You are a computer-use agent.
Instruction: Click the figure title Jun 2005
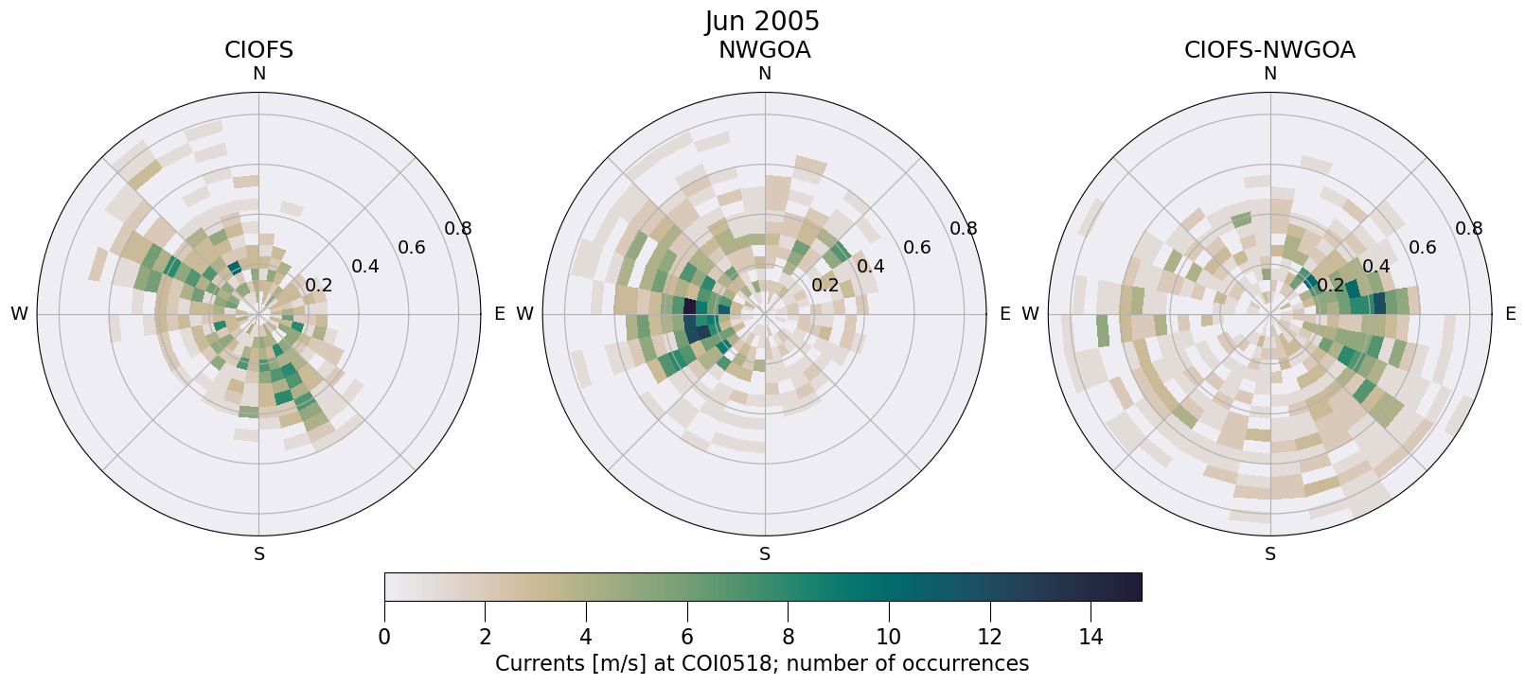762,21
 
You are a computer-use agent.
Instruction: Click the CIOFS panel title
258,50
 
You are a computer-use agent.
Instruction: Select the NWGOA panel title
764,50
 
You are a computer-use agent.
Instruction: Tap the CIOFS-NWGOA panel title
1269,50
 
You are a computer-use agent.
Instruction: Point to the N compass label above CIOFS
258,74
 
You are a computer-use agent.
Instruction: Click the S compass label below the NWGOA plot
765,554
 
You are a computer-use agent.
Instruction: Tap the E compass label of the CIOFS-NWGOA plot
1510,314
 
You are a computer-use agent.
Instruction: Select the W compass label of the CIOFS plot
19,314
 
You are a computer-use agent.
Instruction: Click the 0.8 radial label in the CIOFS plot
458,228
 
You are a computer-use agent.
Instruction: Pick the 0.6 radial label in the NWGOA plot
916,248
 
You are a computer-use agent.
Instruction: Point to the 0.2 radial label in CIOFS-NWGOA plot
1330,285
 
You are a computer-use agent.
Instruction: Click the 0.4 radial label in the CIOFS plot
365,266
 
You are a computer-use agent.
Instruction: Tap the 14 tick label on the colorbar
1091,637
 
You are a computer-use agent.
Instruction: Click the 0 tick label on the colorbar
384,637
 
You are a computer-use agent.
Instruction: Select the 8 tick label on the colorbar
788,637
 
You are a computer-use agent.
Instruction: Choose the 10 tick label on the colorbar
889,637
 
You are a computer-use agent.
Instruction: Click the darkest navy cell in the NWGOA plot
689,307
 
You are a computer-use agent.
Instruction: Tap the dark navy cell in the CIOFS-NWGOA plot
1378,303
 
